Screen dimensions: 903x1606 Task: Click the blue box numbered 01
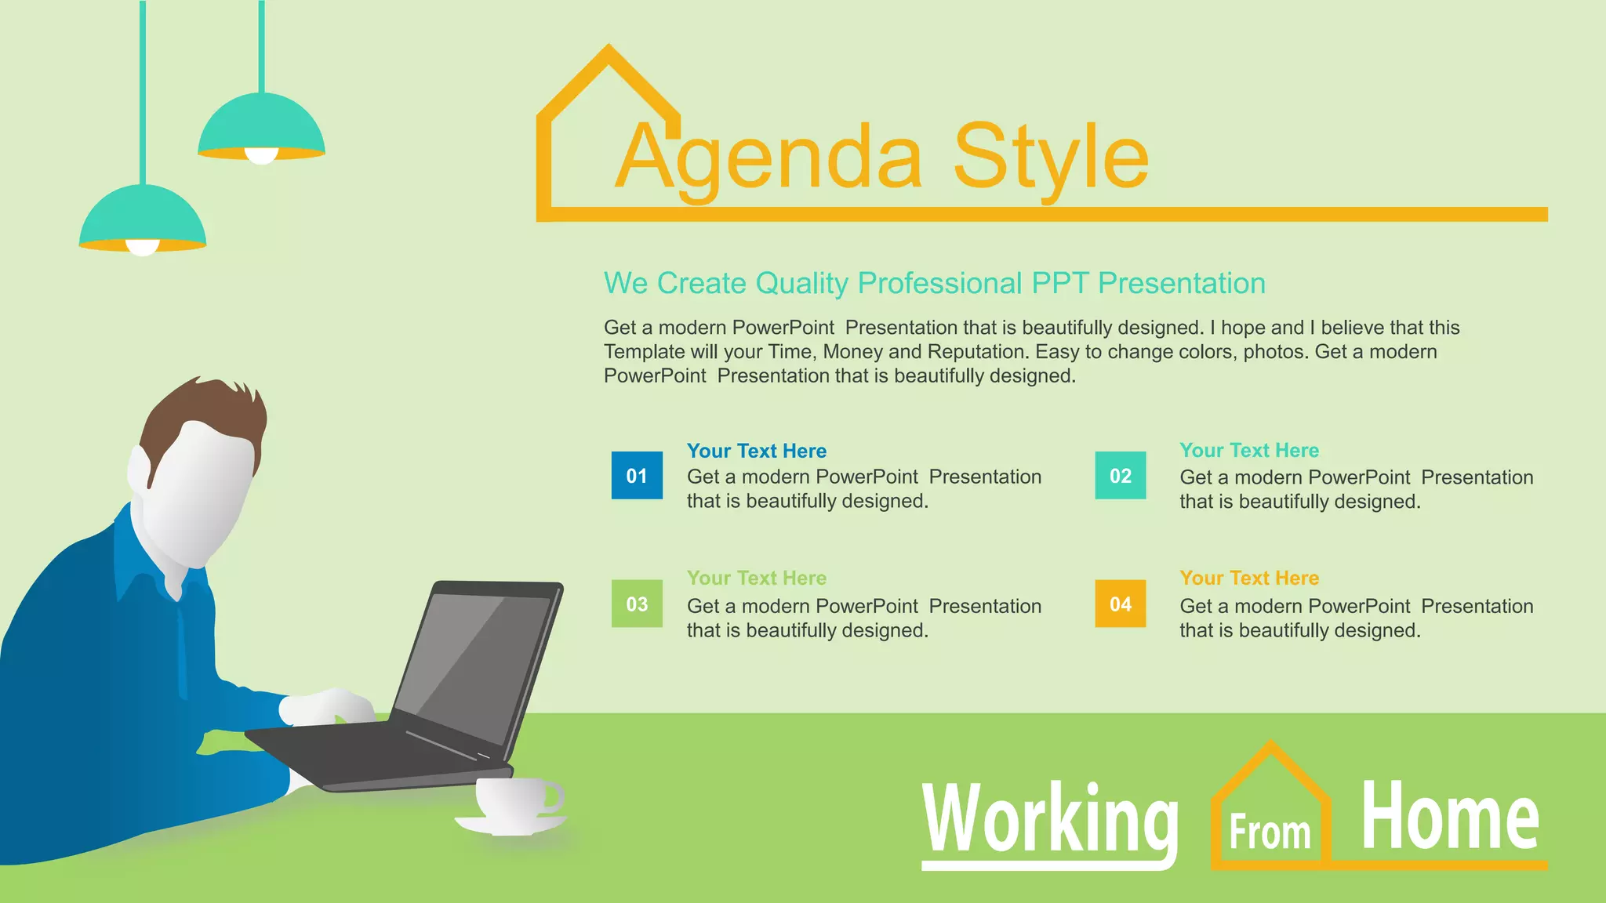637,475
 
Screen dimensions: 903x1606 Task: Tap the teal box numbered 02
1120,475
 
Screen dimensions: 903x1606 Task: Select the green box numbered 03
637,604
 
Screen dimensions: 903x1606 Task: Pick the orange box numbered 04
1120,604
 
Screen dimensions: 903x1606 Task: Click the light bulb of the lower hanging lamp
143,248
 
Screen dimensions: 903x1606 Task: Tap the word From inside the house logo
1270,832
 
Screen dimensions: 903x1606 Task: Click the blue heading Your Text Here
757,451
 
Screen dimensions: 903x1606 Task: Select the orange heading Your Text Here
1249,578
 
